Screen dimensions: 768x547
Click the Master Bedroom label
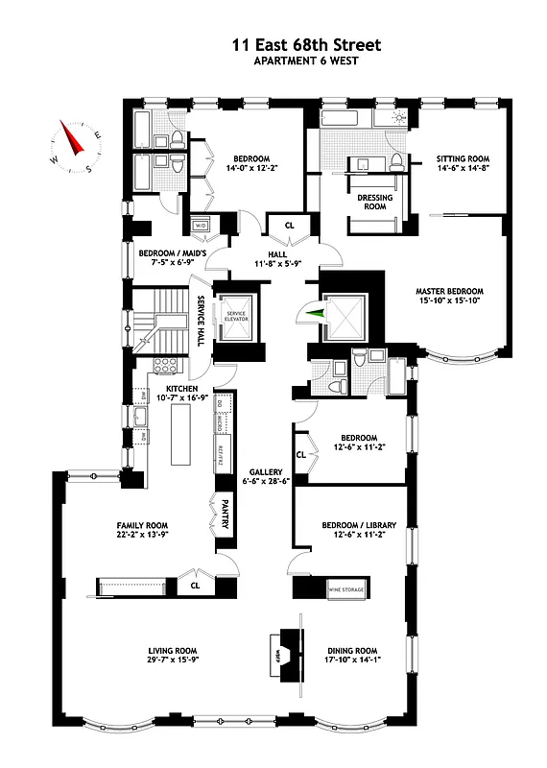[449, 291]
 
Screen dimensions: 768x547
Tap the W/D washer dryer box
[202, 226]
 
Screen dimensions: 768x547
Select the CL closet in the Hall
[289, 226]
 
